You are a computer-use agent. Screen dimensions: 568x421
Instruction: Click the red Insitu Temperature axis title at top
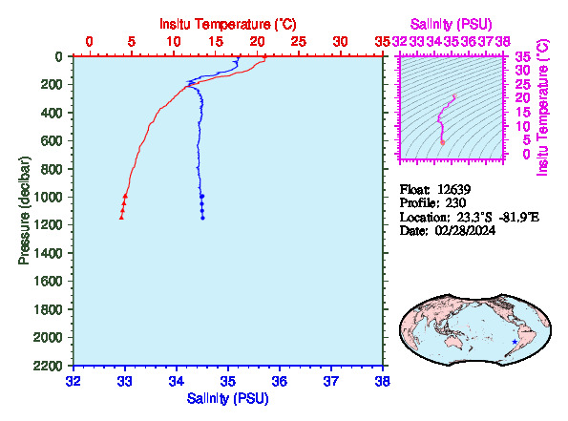pos(228,24)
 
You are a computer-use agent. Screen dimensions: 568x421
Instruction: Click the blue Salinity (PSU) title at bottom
pos(227,398)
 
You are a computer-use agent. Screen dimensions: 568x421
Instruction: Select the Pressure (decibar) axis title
pos(24,210)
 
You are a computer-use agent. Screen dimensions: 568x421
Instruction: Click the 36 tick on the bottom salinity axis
pos(280,381)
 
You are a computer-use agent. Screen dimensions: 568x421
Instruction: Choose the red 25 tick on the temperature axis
pos(299,42)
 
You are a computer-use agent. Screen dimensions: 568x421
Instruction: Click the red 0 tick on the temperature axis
pos(89,42)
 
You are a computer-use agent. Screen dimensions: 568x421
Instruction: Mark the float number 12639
pos(453,189)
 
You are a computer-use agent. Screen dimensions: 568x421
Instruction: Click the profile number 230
pos(455,202)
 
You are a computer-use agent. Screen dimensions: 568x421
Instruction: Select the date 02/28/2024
pos(466,230)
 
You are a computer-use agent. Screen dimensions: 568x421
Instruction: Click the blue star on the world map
pos(515,342)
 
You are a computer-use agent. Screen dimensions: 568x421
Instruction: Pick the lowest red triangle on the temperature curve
pos(121,218)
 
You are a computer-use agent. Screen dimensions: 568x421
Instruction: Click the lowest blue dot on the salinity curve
pos(202,218)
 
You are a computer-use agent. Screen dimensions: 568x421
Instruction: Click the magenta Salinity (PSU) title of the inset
pos(452,24)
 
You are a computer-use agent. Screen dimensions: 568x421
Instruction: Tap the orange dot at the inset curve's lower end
pos(442,143)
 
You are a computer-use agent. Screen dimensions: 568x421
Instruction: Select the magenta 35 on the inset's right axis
pos(523,56)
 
